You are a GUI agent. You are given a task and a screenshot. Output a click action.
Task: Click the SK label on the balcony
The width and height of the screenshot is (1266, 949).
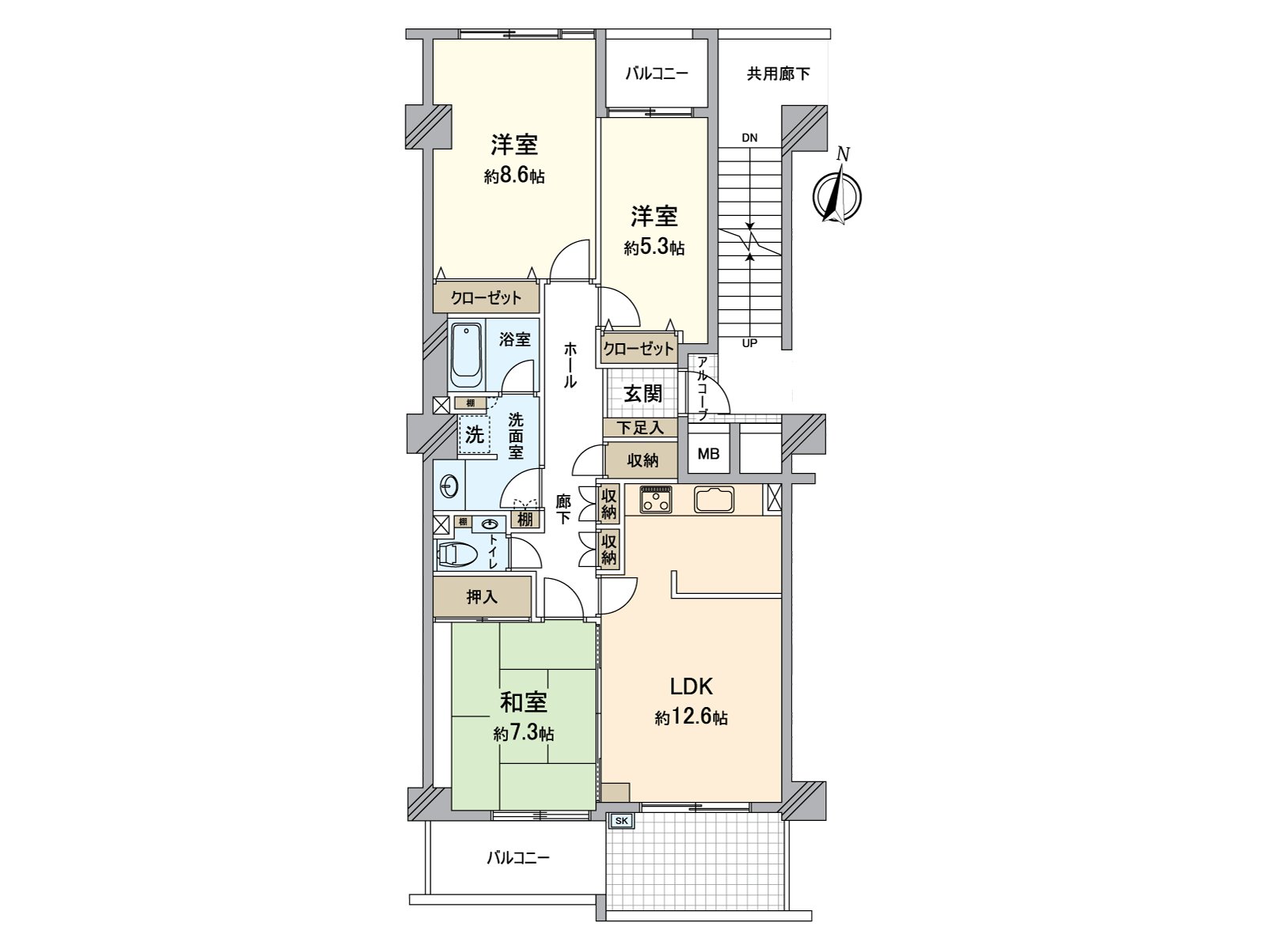tap(621, 822)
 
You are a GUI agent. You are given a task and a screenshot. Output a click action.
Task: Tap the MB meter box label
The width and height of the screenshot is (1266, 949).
tap(708, 455)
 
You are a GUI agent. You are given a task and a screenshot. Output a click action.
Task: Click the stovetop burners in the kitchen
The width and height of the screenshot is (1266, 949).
tap(655, 500)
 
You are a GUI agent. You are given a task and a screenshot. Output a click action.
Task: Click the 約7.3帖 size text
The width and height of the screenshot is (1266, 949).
tap(524, 734)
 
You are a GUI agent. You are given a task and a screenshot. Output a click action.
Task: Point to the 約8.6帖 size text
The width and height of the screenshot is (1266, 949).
tap(514, 176)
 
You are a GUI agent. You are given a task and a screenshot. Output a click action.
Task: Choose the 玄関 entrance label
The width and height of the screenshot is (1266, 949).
tap(642, 393)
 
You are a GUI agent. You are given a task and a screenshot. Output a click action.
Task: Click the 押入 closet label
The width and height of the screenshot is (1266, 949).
tap(482, 597)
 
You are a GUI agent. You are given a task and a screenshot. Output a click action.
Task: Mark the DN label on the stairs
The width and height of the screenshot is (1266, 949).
tap(749, 138)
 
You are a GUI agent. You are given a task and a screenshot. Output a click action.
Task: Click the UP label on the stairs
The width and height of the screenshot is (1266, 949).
tap(749, 343)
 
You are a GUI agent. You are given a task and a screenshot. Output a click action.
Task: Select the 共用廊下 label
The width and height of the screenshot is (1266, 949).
tap(779, 74)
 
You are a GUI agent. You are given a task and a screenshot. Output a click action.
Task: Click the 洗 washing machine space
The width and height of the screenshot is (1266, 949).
tap(475, 434)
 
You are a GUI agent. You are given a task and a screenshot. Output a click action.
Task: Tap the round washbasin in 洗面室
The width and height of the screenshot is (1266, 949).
tap(448, 486)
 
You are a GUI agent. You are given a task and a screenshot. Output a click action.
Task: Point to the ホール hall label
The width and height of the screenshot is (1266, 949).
tap(570, 365)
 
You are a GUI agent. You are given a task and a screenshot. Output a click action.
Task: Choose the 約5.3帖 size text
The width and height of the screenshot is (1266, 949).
tap(654, 248)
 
